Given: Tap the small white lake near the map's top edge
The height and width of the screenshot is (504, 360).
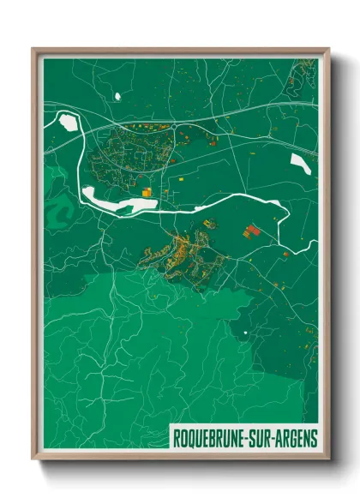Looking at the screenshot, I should coord(117,93).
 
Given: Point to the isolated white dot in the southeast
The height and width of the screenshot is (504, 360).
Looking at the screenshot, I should coord(244,333).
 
